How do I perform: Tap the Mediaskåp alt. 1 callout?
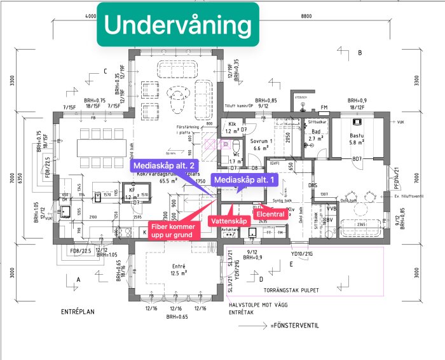click(x=245, y=181)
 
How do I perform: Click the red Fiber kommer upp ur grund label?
click(x=174, y=230)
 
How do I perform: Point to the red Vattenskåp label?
click(x=228, y=220)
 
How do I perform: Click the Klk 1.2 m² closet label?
click(x=231, y=128)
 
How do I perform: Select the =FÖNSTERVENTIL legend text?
click(x=293, y=326)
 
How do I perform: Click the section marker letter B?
click(x=360, y=53)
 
